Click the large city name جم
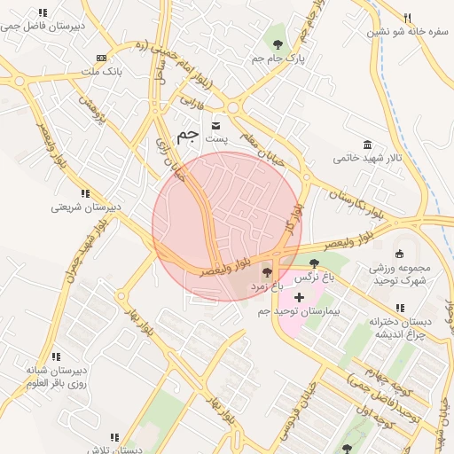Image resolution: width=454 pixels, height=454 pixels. (187, 135)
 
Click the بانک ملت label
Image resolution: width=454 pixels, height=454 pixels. (100, 70)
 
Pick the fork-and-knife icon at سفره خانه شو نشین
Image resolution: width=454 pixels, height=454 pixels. (407, 18)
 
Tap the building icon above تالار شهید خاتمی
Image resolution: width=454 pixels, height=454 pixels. (367, 145)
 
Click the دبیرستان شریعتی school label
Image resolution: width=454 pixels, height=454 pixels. (86, 207)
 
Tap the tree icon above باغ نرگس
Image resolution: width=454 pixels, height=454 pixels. (314, 262)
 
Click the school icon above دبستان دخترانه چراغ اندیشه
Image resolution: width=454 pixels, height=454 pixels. (400, 308)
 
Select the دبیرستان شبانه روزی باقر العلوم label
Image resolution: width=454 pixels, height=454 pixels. (55, 378)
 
